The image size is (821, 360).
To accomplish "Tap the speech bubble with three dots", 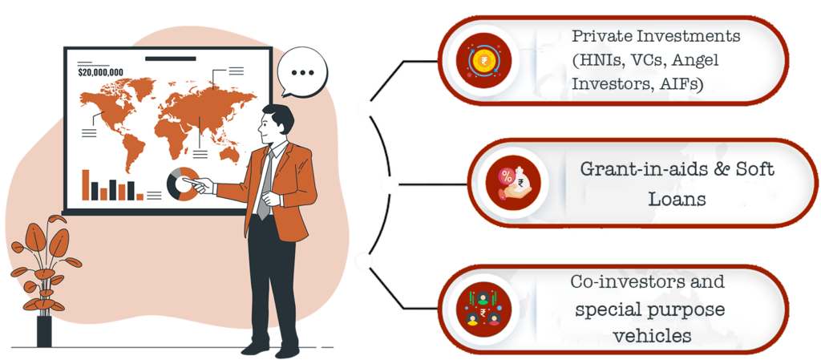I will click(303, 72).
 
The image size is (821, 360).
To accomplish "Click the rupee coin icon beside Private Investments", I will click(483, 60).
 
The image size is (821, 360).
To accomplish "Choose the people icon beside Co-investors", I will click(483, 309).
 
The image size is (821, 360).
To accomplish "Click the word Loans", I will click(677, 198).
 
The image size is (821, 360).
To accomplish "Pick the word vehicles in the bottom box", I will click(651, 336).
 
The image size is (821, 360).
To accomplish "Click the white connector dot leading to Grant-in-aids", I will click(390, 186).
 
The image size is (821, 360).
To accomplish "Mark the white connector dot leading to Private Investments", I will click(366, 108).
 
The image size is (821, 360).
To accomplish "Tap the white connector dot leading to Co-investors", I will click(363, 260).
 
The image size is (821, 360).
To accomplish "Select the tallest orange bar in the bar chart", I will click(85, 184).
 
